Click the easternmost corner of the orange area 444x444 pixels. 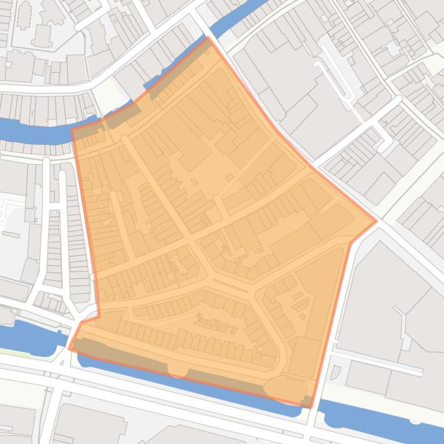[x=376, y=220]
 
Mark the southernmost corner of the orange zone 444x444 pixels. [x=311, y=407]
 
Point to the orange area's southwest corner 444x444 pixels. [x=69, y=348]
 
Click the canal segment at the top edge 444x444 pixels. [x=242, y=17]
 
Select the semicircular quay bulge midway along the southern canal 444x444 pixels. [x=178, y=370]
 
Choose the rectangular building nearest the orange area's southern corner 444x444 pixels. [x=304, y=356]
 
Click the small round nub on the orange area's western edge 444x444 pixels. [x=93, y=277]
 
